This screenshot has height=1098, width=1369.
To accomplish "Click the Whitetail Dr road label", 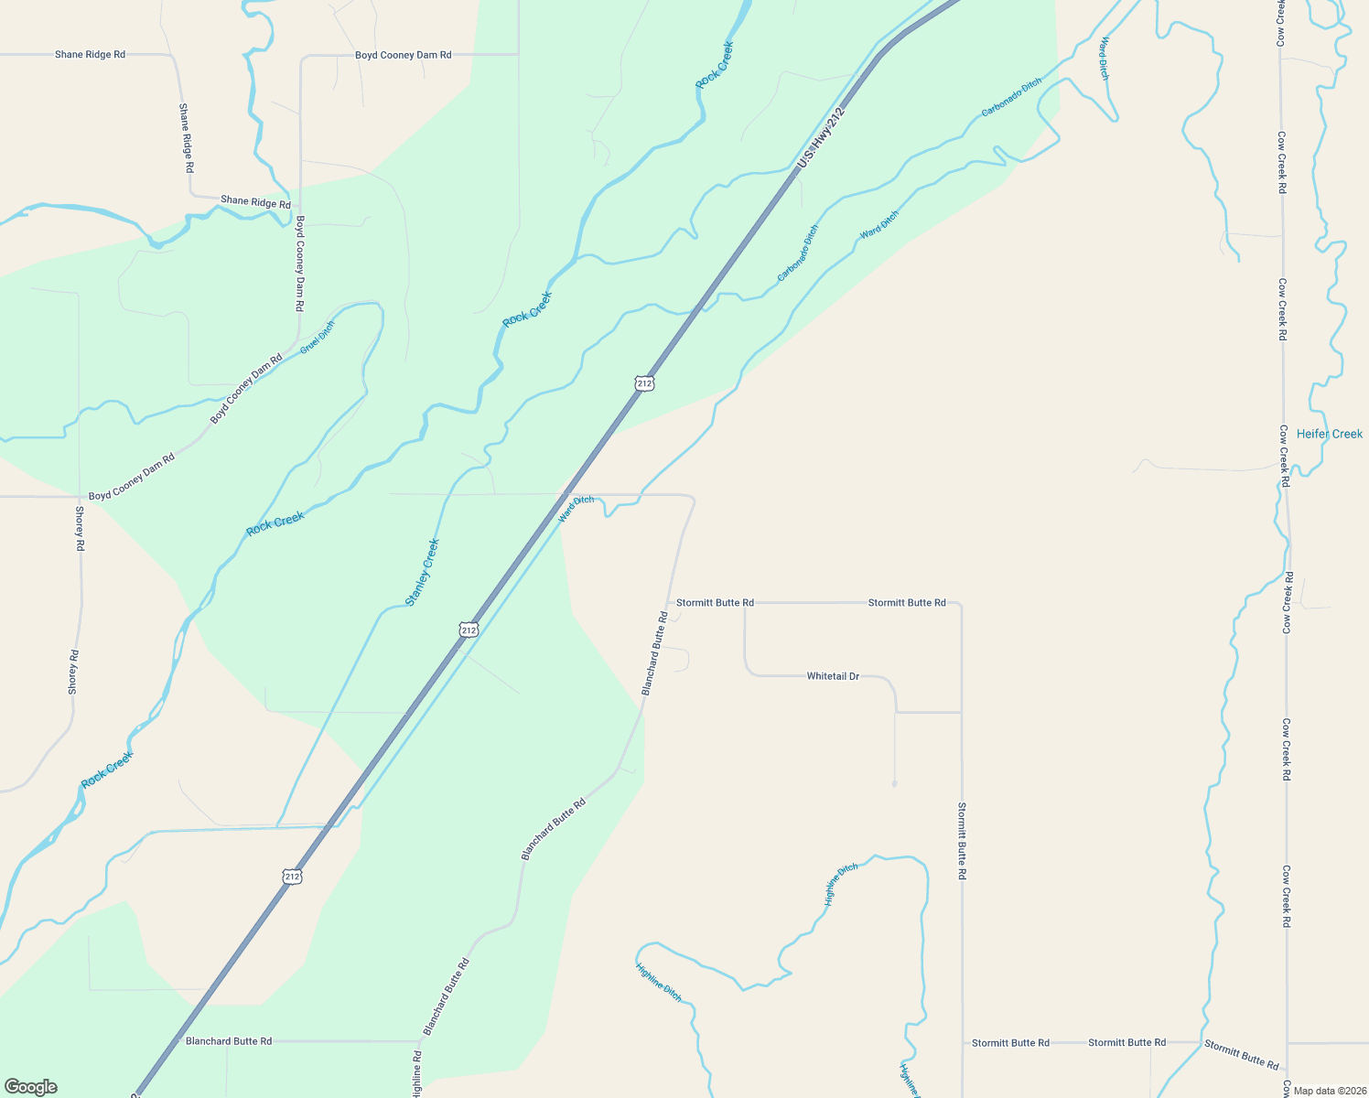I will [833, 676].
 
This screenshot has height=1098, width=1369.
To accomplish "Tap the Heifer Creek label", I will [1329, 434].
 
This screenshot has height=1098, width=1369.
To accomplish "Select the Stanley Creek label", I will [423, 572].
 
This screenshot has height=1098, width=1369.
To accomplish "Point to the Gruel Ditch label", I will [317, 337].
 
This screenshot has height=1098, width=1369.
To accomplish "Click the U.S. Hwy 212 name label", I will [820, 137].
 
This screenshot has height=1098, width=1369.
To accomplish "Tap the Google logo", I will [29, 1087].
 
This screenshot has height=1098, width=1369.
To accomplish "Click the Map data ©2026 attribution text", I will [1328, 1090].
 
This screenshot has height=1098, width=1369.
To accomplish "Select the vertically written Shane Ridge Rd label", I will [186, 138].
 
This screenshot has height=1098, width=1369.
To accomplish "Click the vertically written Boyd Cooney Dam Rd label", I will [299, 264].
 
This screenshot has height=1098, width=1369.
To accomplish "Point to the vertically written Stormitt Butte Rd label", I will [962, 841].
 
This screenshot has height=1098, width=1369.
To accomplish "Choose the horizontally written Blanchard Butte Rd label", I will [229, 1041].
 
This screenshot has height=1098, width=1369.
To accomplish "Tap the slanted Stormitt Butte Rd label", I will [1241, 1054].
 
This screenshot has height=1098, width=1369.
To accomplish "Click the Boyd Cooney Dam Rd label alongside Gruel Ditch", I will [246, 388].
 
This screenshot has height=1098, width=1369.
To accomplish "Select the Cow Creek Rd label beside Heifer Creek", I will [1284, 456].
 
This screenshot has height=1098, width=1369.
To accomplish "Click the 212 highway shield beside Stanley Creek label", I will [469, 630].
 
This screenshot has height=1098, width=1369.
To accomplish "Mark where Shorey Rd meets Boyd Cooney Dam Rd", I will [80, 497].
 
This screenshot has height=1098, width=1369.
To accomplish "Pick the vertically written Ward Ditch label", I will [1105, 59].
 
